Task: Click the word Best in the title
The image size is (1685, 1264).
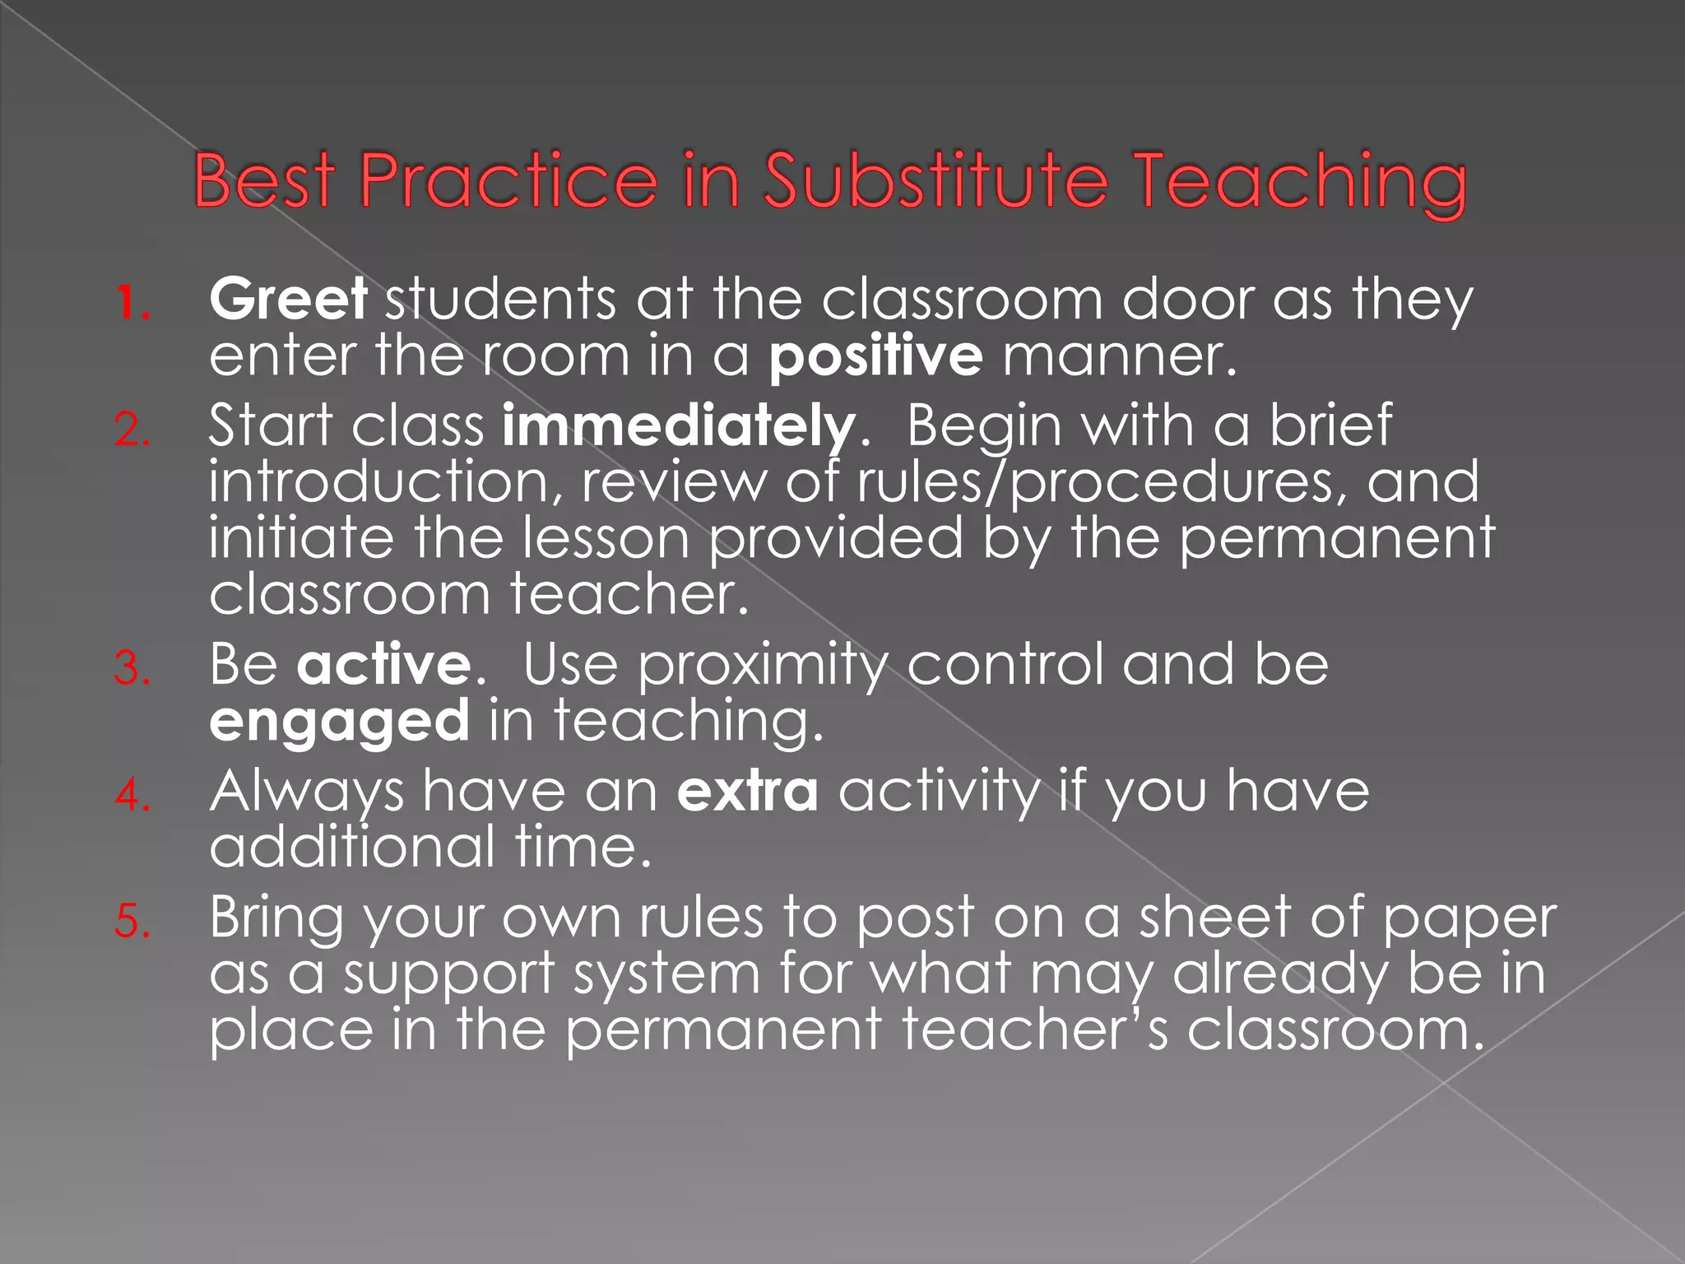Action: pos(264,181)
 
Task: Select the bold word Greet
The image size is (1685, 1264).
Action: pos(288,299)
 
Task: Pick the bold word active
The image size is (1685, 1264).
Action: pos(383,665)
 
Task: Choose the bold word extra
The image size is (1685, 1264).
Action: pos(747,792)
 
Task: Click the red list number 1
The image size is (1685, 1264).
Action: pos(132,304)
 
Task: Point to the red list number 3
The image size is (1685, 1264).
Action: pos(132,668)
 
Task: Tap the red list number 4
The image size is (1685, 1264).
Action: pos(132,795)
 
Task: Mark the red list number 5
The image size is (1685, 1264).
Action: pos(132,921)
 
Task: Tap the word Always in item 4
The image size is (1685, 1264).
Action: pos(307,792)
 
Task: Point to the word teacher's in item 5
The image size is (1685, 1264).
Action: pos(1035,1030)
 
